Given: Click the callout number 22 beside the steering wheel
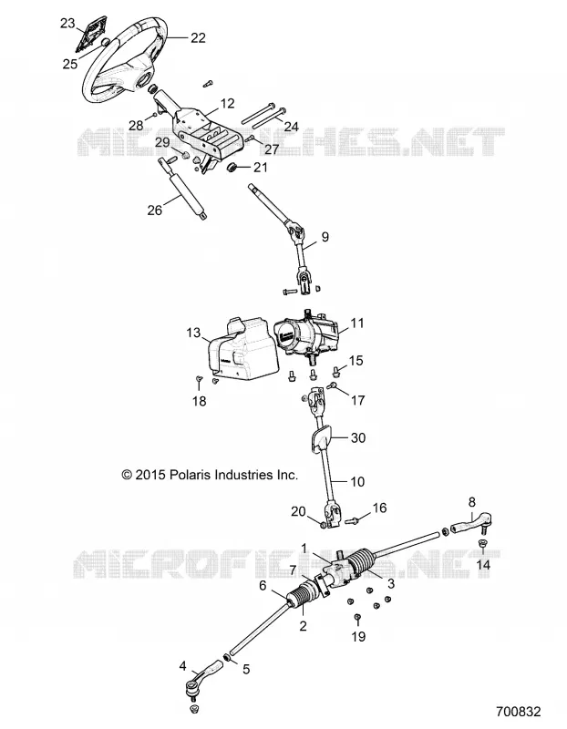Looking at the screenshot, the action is click(198, 37).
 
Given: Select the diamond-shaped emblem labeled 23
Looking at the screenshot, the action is click(93, 33).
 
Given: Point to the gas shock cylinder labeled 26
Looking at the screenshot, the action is click(184, 189).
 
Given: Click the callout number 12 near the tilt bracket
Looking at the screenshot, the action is click(227, 103).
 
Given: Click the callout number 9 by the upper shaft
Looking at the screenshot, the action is click(325, 237).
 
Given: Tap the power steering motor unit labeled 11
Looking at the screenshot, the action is click(308, 339).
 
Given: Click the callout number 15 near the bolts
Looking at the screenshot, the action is click(356, 360).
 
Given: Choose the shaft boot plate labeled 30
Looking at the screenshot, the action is click(320, 439).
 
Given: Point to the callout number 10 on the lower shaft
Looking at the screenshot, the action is click(356, 481).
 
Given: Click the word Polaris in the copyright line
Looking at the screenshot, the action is click(193, 475).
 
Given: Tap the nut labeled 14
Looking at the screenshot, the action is click(482, 544).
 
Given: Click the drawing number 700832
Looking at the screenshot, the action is click(518, 712).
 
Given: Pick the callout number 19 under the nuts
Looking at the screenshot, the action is click(358, 636).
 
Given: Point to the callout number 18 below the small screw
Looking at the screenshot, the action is click(199, 401).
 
